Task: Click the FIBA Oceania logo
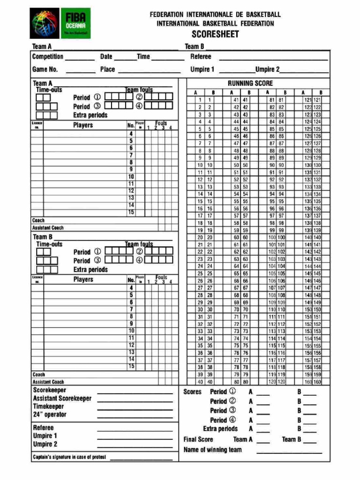(x=60, y=23)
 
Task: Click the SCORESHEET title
(x=215, y=34)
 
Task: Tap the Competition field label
(x=48, y=57)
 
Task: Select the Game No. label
(x=45, y=69)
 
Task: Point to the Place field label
(x=107, y=69)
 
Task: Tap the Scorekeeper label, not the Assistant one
(x=49, y=390)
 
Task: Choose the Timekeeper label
(x=48, y=406)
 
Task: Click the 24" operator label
(x=50, y=414)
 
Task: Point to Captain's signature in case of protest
(x=69, y=457)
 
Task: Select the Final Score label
(x=198, y=439)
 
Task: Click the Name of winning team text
(x=213, y=450)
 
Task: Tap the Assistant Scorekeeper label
(x=62, y=398)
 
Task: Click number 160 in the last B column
(x=317, y=382)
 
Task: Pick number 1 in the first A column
(x=200, y=100)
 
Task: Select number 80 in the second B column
(x=245, y=382)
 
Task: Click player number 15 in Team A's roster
(x=131, y=212)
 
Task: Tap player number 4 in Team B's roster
(x=131, y=288)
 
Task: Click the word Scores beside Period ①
(x=192, y=391)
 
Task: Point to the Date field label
(x=106, y=57)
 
